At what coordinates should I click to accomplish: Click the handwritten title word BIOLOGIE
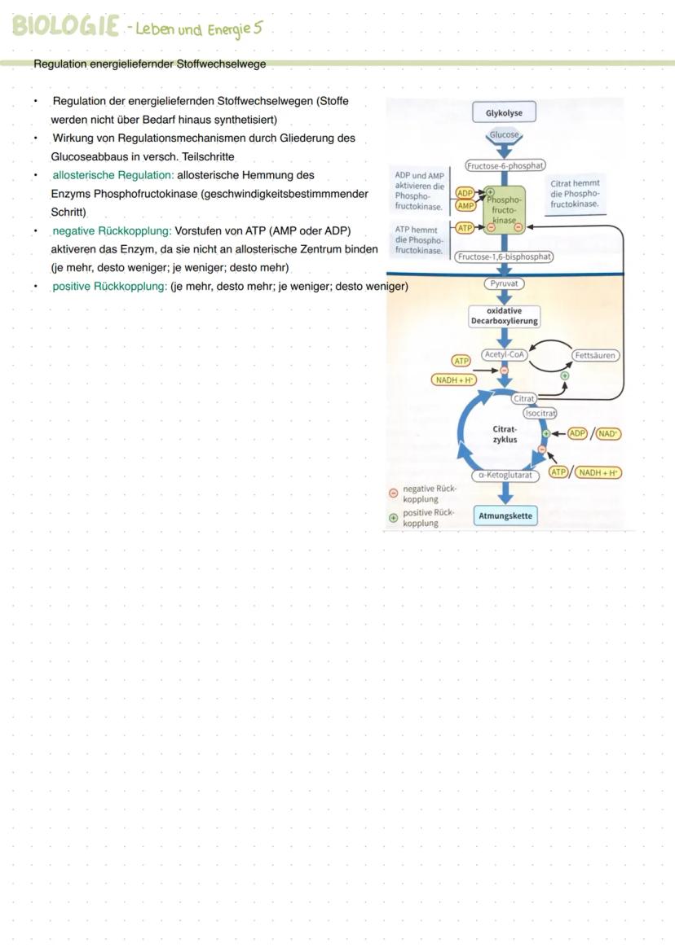(65, 26)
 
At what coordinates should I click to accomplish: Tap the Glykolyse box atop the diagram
(504, 113)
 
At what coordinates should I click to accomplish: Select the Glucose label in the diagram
(504, 135)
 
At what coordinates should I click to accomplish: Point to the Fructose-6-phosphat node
(505, 165)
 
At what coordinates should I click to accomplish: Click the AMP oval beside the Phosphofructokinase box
(465, 205)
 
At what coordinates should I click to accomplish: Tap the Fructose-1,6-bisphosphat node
(504, 257)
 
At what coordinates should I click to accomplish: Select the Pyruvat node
(504, 284)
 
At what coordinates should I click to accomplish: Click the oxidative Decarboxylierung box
(504, 316)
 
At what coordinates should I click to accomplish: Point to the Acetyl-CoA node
(505, 355)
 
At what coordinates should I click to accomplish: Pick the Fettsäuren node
(596, 356)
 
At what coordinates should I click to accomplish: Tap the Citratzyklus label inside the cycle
(505, 434)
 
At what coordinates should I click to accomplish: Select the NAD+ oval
(608, 434)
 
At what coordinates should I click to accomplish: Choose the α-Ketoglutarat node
(505, 475)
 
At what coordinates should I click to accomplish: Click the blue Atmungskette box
(505, 515)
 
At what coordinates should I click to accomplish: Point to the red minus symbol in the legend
(393, 493)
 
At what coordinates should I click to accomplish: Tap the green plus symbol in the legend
(393, 517)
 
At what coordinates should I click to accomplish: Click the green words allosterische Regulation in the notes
(112, 175)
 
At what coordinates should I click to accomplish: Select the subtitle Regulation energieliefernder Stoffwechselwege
(149, 64)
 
